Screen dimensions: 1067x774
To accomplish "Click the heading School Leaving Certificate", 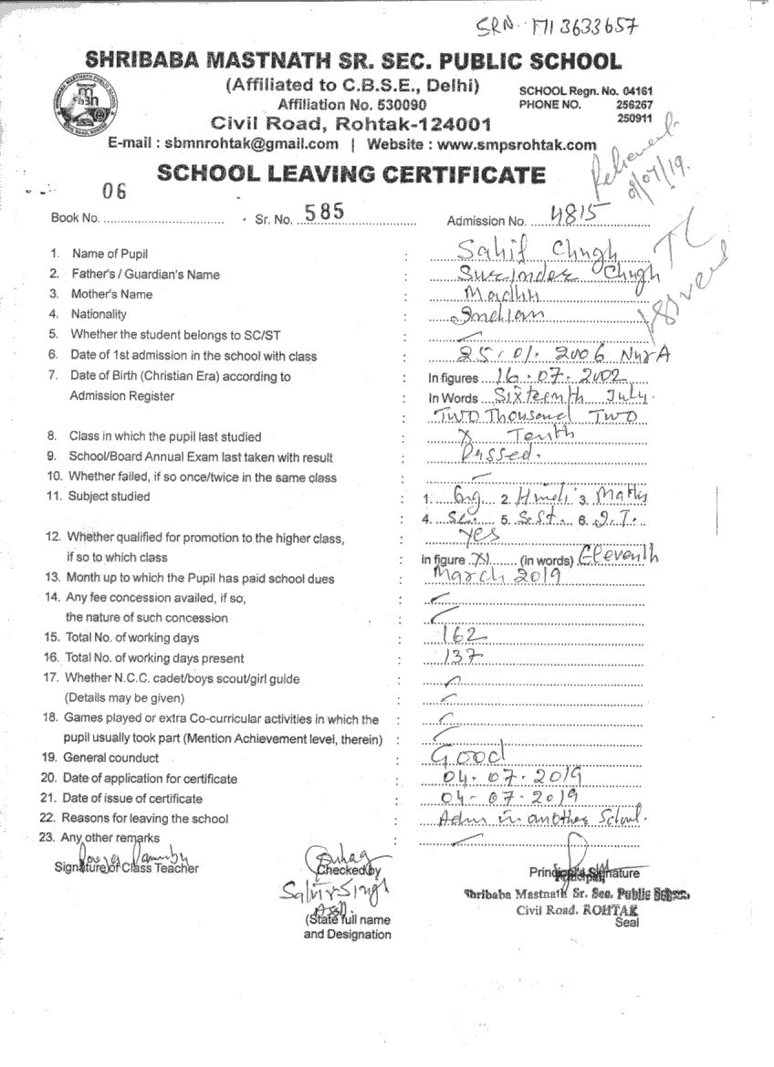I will pyautogui.click(x=351, y=173).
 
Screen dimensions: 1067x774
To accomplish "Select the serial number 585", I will pyautogui.click(x=324, y=212).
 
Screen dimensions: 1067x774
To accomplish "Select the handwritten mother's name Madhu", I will pyautogui.click(x=501, y=294).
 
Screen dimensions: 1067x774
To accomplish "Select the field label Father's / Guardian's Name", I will pyautogui.click(x=145, y=274).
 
